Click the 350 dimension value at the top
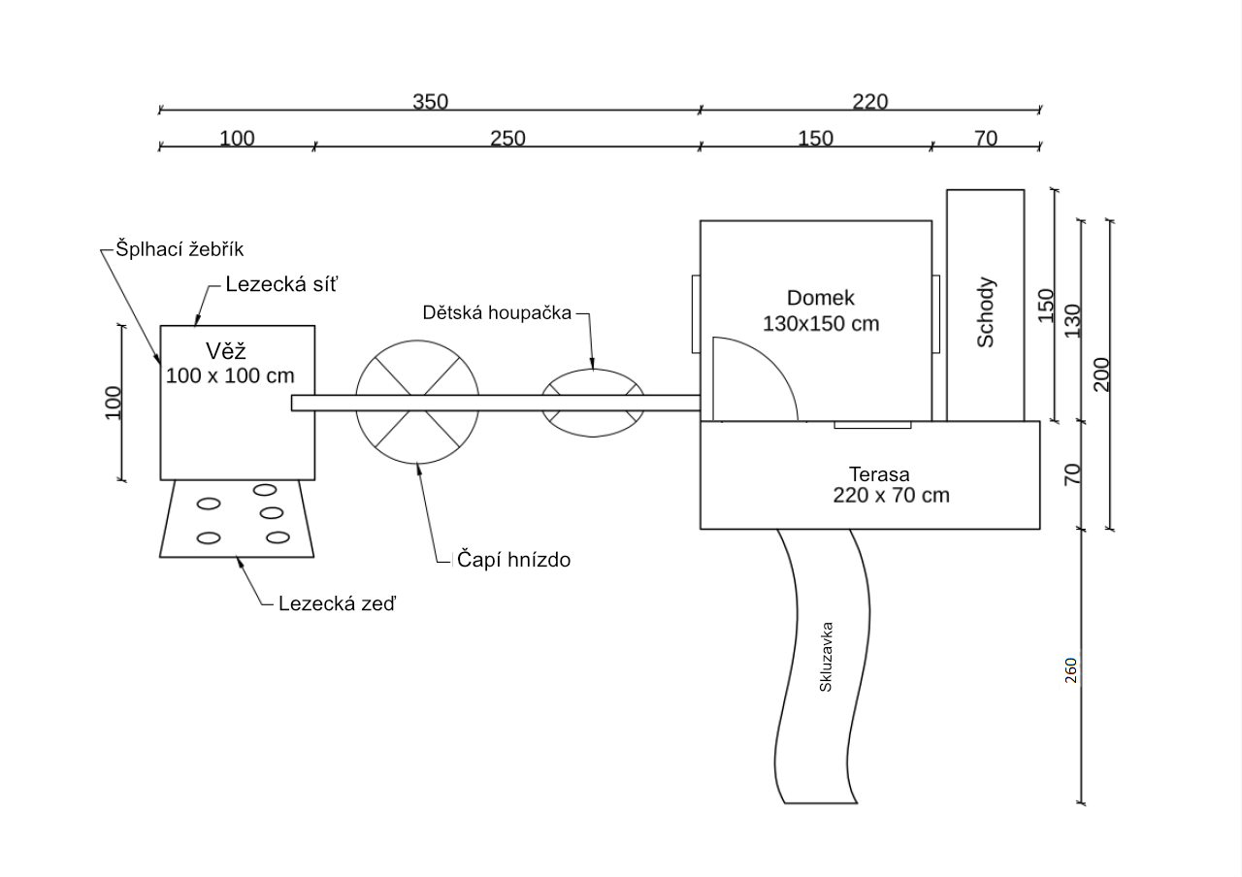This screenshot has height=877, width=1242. (430, 102)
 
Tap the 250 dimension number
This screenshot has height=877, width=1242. (507, 138)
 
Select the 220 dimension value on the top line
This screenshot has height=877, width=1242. (870, 102)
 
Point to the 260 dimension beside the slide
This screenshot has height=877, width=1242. (1070, 670)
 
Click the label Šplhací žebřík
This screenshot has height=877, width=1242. (180, 249)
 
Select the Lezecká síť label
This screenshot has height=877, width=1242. (281, 284)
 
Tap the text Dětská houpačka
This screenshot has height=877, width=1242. (497, 312)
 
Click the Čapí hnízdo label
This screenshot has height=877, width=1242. (513, 560)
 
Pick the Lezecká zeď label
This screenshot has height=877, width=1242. (337, 603)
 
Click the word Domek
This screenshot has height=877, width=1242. (821, 298)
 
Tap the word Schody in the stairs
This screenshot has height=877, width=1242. (985, 312)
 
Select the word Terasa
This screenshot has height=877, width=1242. (879, 474)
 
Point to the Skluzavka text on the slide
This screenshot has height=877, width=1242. (826, 657)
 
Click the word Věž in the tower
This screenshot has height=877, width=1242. (226, 351)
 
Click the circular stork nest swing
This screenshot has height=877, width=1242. (417, 341)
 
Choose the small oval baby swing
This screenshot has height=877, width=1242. (593, 370)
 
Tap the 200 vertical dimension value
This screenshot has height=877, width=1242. (1101, 374)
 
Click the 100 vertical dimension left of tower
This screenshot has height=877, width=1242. (114, 403)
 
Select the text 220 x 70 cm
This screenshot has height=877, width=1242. (891, 495)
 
